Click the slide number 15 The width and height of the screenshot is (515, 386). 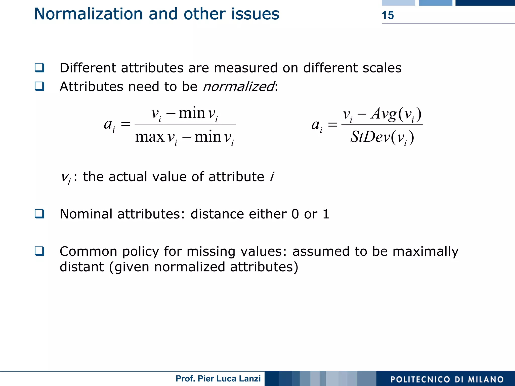[x=388, y=15]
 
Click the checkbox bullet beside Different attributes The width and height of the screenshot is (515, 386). [x=39, y=68]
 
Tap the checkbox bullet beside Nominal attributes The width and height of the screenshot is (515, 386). [x=39, y=214]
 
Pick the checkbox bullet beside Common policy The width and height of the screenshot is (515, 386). [x=39, y=251]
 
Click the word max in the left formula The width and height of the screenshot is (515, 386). [x=150, y=137]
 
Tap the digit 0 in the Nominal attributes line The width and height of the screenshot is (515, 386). [x=295, y=214]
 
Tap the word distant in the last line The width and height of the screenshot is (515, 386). [x=81, y=267]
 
